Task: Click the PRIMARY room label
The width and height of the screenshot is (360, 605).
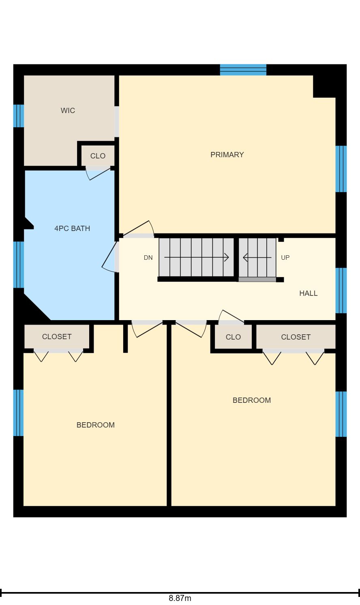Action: coord(227,154)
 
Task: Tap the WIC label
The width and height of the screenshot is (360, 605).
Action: coord(68,111)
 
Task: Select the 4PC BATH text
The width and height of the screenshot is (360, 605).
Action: coord(72,229)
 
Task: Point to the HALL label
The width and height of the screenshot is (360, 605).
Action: coord(308,293)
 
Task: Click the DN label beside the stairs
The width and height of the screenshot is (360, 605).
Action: coord(148,258)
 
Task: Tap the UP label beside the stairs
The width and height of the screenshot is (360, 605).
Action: coord(285,258)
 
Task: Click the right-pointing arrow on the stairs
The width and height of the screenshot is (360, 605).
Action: coord(197,257)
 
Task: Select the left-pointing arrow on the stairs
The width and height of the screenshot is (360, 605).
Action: coord(257,258)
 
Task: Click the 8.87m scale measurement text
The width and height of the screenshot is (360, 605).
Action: coord(180,598)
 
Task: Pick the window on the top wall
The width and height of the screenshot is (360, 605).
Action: coord(243,70)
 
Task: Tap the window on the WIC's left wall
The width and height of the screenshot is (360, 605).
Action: coord(19,116)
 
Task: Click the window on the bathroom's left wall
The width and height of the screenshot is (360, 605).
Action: coord(19,265)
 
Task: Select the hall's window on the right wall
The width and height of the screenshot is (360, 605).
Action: coord(341,291)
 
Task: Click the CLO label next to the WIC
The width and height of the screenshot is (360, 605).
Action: coord(98,156)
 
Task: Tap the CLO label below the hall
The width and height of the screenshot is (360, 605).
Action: coord(233,337)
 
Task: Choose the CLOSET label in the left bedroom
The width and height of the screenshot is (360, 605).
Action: coord(57,336)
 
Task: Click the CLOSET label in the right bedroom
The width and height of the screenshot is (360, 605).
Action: coord(296,337)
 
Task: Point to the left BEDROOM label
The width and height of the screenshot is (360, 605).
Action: coord(95,425)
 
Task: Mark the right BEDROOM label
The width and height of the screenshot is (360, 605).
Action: coord(252,400)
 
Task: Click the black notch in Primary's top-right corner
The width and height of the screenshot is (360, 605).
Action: coord(324,86)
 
